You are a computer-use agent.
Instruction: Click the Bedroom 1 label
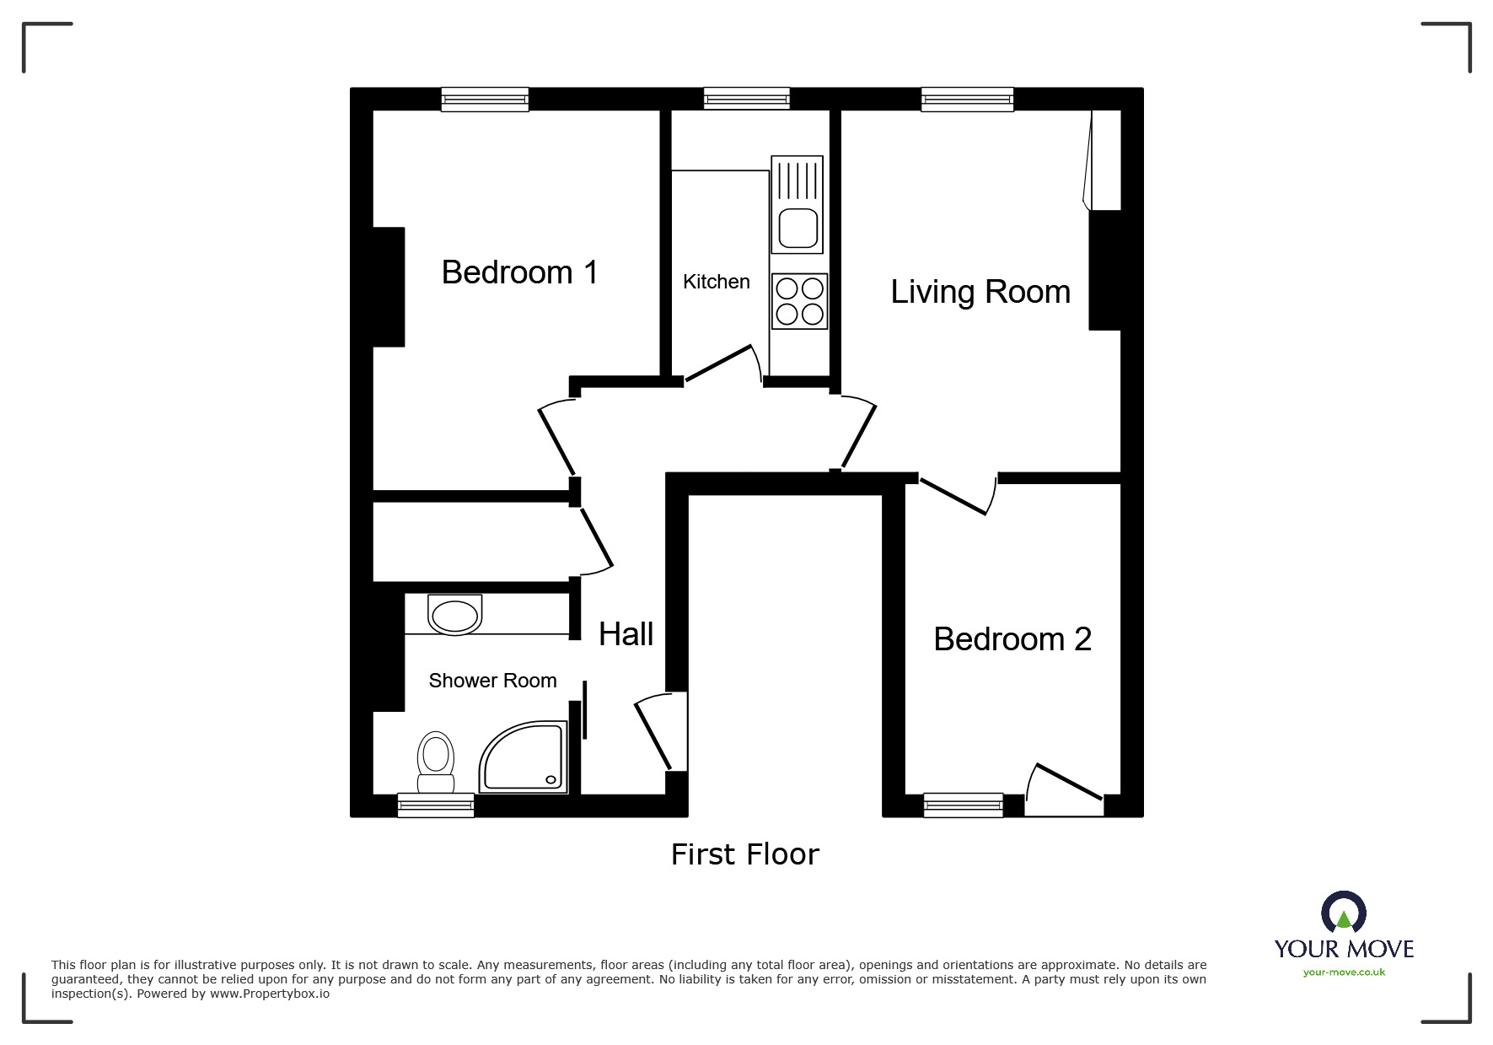point(519,272)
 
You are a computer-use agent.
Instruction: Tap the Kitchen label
point(716,282)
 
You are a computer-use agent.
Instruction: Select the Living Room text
point(980,292)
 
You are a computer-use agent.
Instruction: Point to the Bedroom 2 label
point(1012,639)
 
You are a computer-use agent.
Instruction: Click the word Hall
point(626,634)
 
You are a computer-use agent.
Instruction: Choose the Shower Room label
point(492,681)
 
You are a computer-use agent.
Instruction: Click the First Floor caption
point(744,854)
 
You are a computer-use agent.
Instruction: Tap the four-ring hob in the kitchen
point(799,301)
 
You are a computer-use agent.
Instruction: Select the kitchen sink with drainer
point(797,204)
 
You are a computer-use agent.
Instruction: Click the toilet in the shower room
point(436,762)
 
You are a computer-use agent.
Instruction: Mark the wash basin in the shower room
point(455,614)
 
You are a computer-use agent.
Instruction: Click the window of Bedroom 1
point(485,100)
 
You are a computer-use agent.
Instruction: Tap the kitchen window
point(747,100)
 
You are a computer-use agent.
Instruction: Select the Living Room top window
point(967,100)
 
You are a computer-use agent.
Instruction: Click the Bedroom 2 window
point(963,805)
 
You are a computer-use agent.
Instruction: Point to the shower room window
point(436,805)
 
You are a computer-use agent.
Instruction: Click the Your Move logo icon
point(1343,913)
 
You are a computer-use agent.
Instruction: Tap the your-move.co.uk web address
point(1344,972)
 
